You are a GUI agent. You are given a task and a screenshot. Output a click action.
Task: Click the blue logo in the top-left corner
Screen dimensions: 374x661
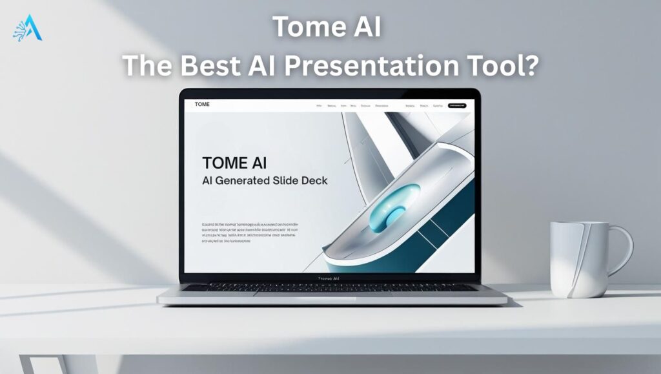[x=26, y=27]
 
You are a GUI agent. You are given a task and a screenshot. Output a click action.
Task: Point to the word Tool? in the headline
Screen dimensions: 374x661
[x=505, y=65]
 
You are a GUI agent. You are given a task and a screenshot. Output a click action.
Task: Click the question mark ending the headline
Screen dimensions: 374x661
[x=531, y=65]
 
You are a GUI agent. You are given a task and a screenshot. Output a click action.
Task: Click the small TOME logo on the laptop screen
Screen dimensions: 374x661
[x=202, y=104]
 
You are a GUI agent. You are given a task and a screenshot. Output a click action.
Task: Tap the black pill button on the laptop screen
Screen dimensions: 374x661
[x=456, y=105]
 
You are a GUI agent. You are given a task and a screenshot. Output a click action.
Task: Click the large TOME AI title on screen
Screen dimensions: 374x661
[x=234, y=162]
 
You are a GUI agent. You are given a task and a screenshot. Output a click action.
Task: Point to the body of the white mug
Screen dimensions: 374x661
[x=578, y=258]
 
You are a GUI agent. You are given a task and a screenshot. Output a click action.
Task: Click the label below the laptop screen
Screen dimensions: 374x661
[x=329, y=278]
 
